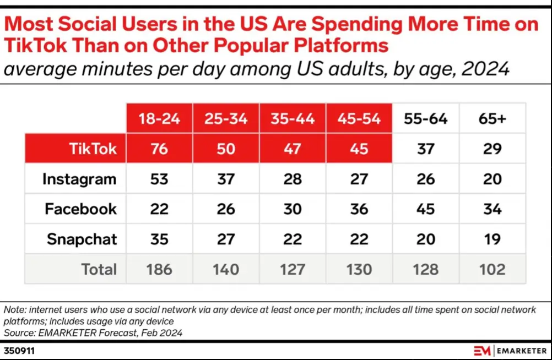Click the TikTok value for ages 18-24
click(159, 149)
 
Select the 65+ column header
click(492, 119)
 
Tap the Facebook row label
click(81, 209)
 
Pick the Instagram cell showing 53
click(159, 179)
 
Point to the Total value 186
click(159, 269)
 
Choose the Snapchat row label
click(82, 239)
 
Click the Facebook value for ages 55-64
click(425, 209)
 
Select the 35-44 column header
click(293, 119)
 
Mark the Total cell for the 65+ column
click(492, 269)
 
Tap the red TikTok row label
click(93, 149)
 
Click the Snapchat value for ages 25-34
click(226, 239)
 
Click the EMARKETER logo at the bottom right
click(510, 351)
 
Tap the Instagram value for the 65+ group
click(492, 179)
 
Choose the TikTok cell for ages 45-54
click(359, 149)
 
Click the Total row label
click(99, 269)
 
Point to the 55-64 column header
click(425, 119)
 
